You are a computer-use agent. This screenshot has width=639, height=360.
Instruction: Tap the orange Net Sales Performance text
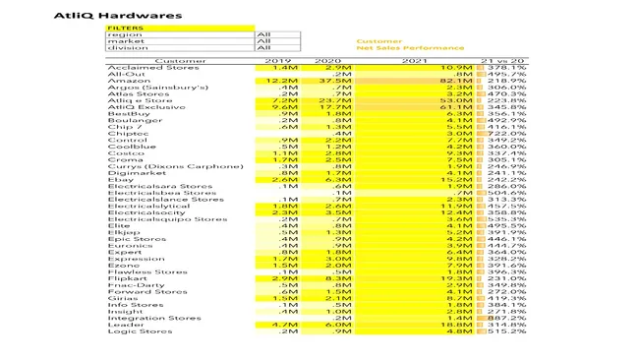click(x=410, y=48)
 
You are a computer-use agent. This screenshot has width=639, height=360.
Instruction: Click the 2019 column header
click(x=278, y=61)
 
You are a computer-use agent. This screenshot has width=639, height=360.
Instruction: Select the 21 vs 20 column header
click(x=502, y=61)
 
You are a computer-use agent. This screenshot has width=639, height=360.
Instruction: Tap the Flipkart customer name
click(x=128, y=279)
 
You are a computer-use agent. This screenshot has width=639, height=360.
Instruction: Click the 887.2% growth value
click(x=506, y=318)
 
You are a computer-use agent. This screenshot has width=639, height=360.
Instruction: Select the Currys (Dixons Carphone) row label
click(x=175, y=166)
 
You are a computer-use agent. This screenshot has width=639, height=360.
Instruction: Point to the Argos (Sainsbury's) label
click(x=157, y=88)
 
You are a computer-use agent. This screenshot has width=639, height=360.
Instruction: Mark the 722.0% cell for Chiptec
click(x=506, y=133)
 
